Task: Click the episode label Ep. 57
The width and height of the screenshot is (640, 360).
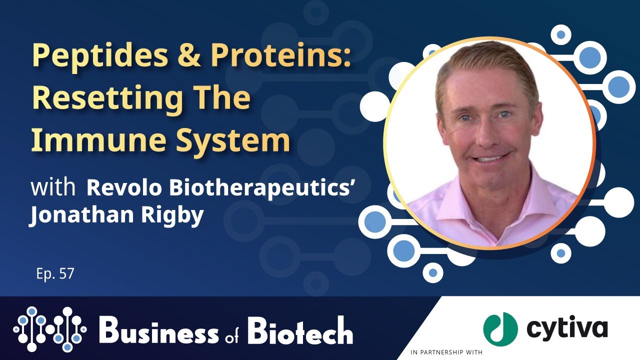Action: pyautogui.click(x=55, y=274)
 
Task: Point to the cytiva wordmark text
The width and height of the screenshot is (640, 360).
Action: pyautogui.click(x=567, y=328)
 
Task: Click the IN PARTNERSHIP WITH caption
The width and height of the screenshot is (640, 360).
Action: pyautogui.click(x=446, y=352)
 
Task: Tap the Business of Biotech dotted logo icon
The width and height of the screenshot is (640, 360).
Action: pyautogui.click(x=50, y=328)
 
